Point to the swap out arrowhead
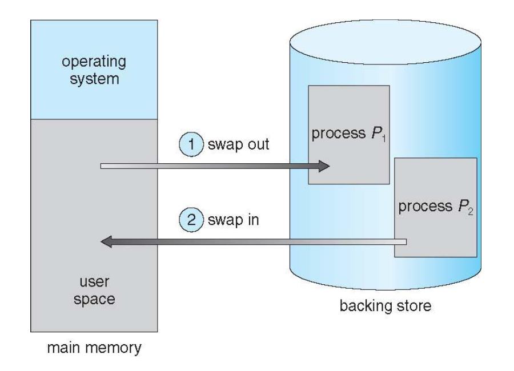(x=324, y=166)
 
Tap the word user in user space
(x=94, y=281)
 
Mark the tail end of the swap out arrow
(x=103, y=166)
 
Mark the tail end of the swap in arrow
(x=403, y=242)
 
